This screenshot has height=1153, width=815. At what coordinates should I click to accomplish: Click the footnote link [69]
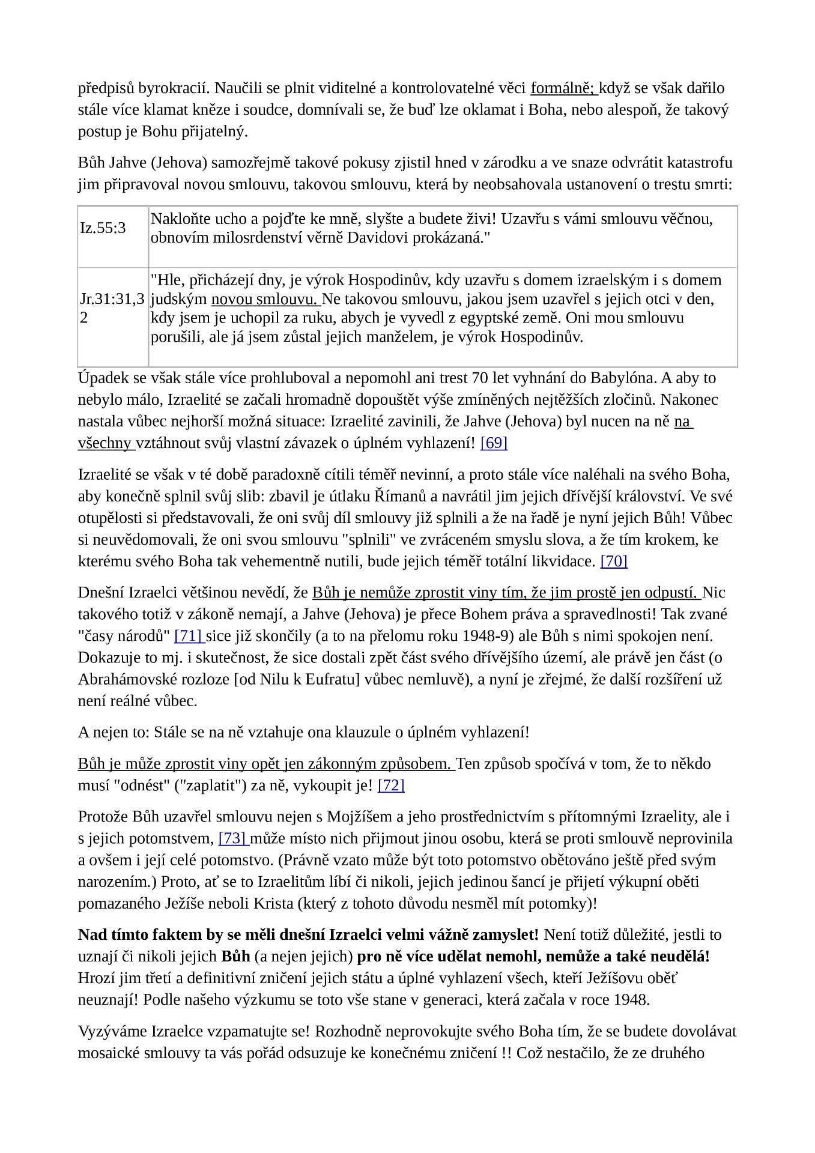point(494,443)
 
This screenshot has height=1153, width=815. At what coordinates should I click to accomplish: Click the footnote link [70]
point(614,561)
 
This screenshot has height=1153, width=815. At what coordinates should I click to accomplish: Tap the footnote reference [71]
point(189,636)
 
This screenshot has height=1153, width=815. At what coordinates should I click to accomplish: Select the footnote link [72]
point(391,785)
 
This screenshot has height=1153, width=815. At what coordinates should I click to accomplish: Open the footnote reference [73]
point(232,838)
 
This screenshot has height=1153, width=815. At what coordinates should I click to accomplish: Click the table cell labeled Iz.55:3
point(103,228)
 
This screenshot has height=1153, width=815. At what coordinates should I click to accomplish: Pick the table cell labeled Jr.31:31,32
point(112,308)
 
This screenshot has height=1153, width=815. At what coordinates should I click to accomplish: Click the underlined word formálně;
point(563,88)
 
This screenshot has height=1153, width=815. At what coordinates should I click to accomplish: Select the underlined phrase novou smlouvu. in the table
point(265,299)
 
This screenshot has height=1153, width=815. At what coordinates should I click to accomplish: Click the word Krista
point(291,903)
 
